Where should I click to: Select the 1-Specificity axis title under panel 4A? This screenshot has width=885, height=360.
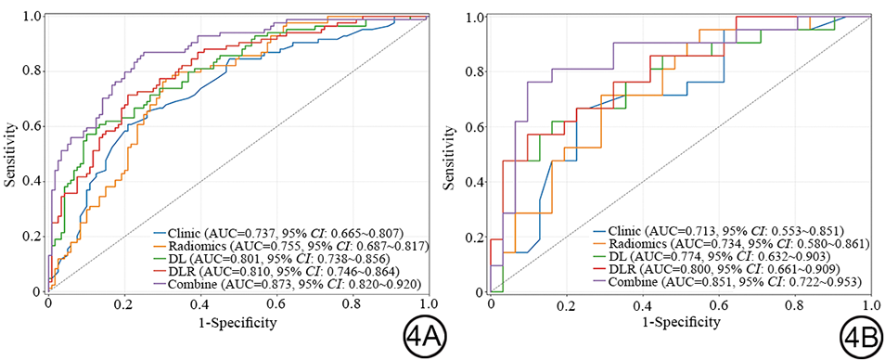coord(239,323)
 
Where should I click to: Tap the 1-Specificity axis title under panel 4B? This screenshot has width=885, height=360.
coord(681,323)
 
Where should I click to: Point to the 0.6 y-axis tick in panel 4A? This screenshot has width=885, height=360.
coord(36,126)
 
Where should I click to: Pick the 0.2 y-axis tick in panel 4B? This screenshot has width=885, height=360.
coord(479,237)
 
